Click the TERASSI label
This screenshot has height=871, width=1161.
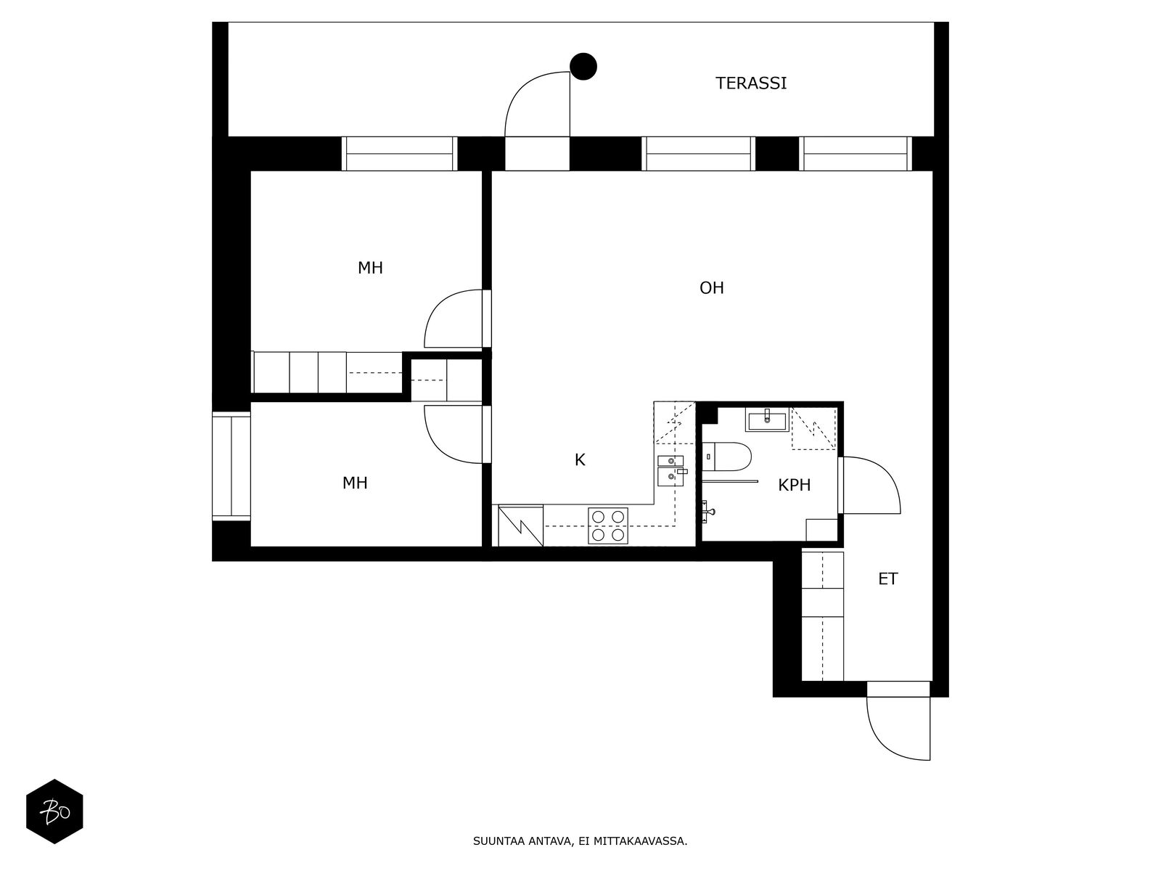pos(751,83)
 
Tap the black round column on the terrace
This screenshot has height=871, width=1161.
pos(583,67)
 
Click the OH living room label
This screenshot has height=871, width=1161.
pos(711,288)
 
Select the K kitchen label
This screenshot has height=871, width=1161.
pos(580,459)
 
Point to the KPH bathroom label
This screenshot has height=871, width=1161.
pos(794,486)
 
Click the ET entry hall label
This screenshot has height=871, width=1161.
pos(887,579)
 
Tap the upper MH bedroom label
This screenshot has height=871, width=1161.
pos(370,268)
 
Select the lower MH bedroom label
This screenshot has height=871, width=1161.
pos(355,483)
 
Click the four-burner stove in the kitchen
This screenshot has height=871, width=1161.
pos(608,526)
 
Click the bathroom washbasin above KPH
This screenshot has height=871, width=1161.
pos(766,420)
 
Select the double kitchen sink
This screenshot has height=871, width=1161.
pos(670,469)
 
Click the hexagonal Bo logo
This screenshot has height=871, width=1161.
pos(54,811)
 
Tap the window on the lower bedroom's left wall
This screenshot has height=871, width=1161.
pos(231,466)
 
